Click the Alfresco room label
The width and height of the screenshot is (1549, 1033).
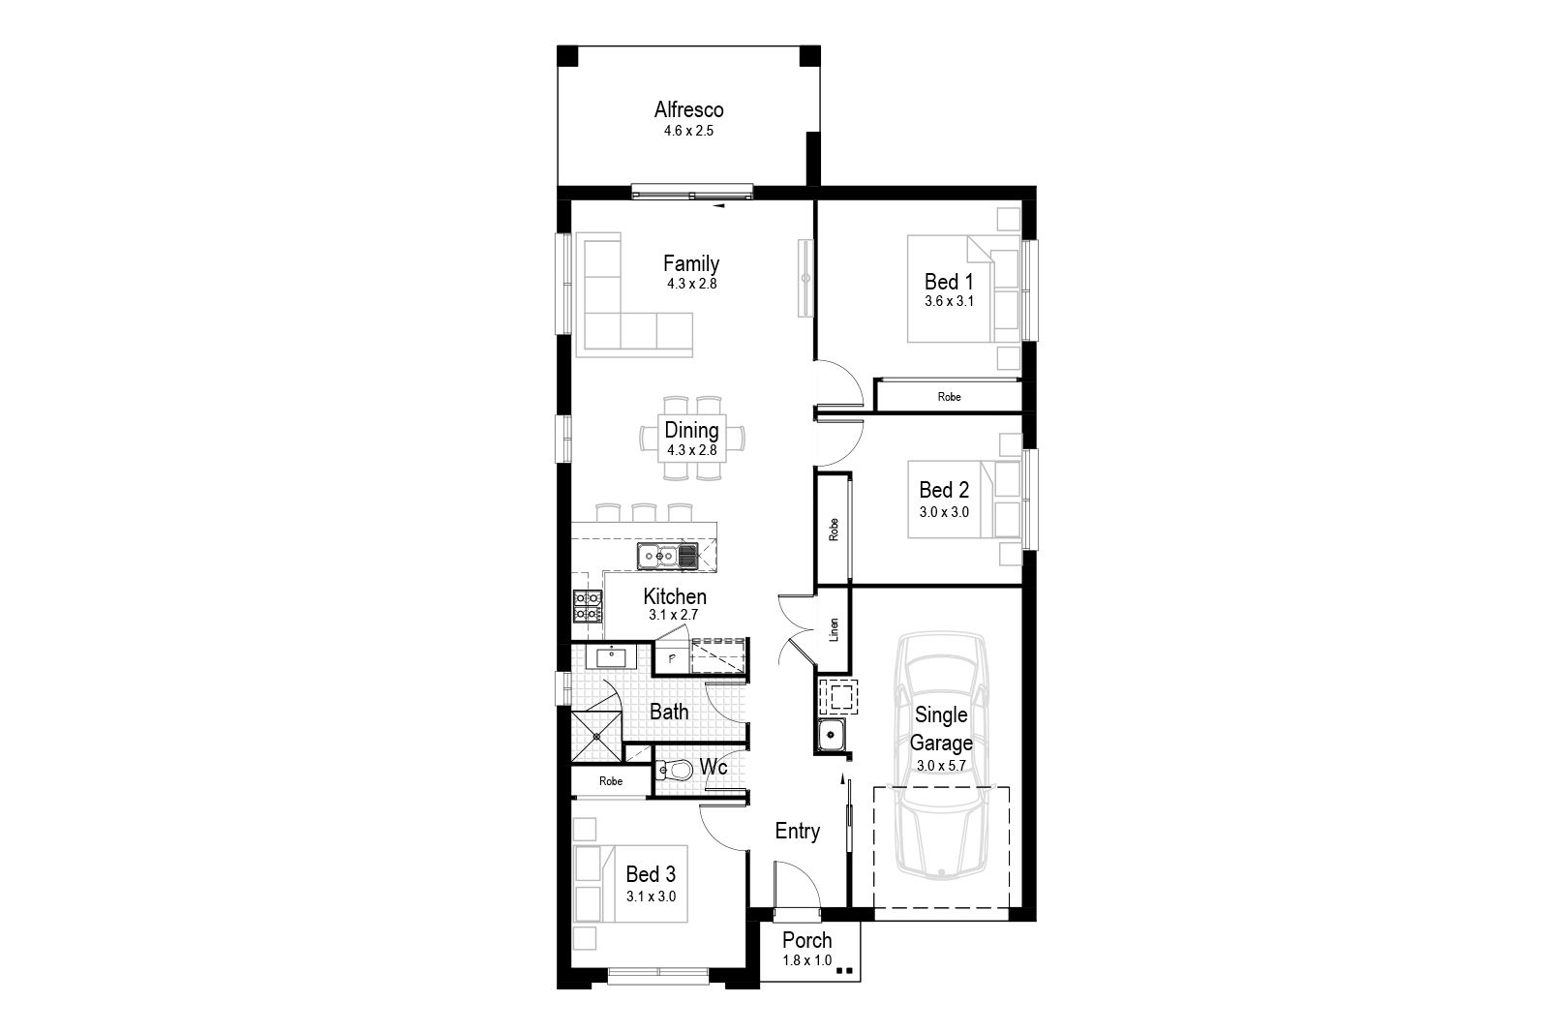coord(688,110)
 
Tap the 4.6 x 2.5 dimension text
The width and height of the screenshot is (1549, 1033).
coord(688,131)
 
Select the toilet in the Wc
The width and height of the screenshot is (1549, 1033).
coord(674,769)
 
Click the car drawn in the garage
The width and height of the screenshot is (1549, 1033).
coord(941,755)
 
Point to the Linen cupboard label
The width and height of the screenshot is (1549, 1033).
coord(834,629)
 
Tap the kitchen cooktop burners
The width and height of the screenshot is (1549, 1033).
coord(587,606)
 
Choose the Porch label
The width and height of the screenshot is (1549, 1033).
coord(807,940)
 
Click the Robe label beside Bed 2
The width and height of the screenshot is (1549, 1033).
coord(834,529)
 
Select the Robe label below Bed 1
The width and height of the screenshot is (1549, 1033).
coord(950,397)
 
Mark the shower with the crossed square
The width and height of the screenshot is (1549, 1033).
coord(596,737)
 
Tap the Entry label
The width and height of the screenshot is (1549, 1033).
coord(798,831)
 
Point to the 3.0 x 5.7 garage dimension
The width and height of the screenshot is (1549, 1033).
coord(941,766)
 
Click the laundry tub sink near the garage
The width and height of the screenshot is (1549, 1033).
coord(832,734)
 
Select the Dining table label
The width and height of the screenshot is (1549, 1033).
coord(691,430)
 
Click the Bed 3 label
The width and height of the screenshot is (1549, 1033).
coord(651,874)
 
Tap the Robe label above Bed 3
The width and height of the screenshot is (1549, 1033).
coord(611,781)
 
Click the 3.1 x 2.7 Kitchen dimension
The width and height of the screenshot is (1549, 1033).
coord(674,615)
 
